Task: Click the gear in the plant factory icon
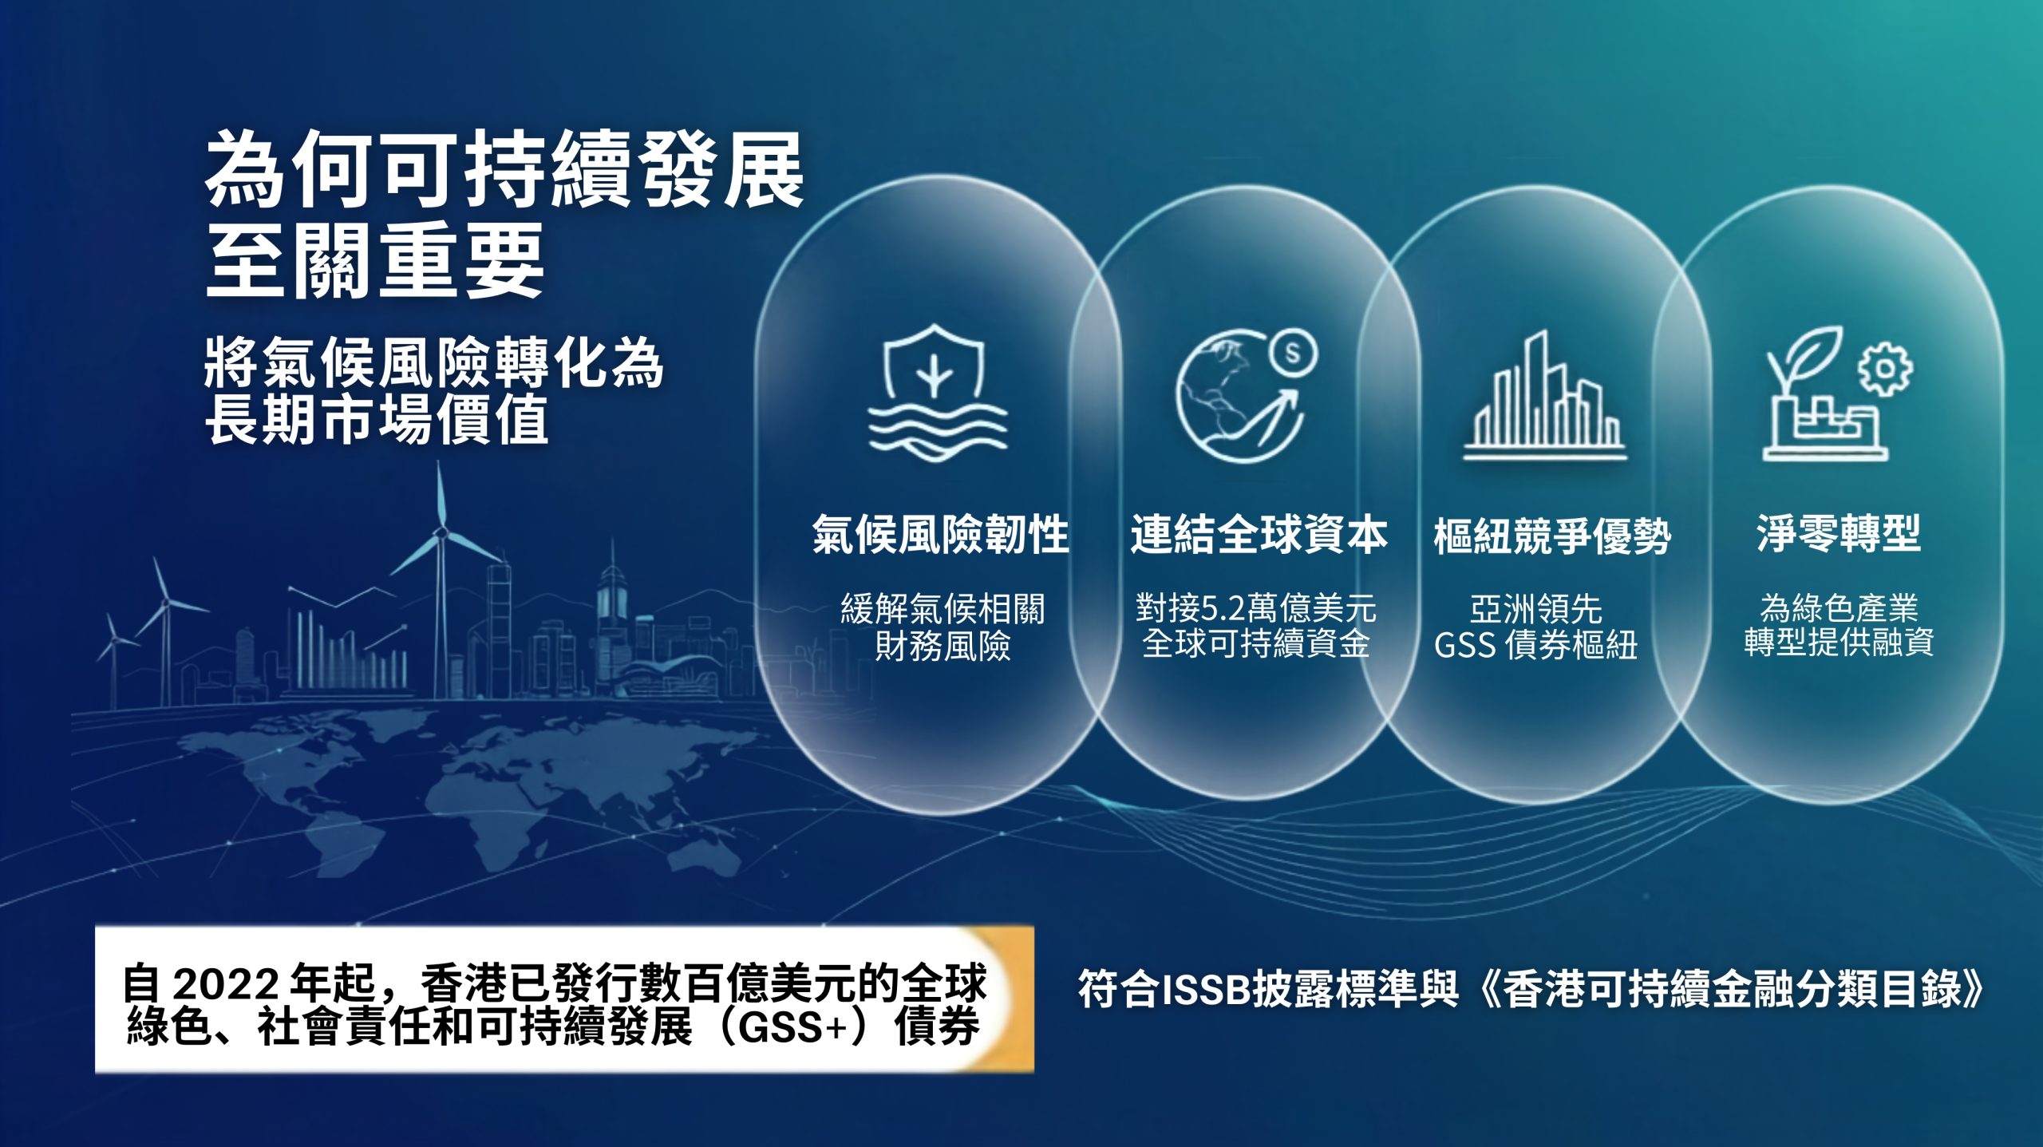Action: click(1885, 368)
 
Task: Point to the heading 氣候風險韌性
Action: click(941, 534)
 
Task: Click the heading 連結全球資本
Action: click(1259, 534)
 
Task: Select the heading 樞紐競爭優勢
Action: click(1552, 536)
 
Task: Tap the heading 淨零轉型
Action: click(1838, 532)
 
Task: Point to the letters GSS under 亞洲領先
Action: click(1464, 645)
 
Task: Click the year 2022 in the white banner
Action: click(226, 984)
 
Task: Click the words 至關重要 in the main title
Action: click(374, 260)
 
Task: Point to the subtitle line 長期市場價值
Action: click(376, 419)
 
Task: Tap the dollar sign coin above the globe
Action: click(1293, 352)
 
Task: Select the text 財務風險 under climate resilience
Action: click(942, 646)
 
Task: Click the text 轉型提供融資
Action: click(1839, 642)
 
